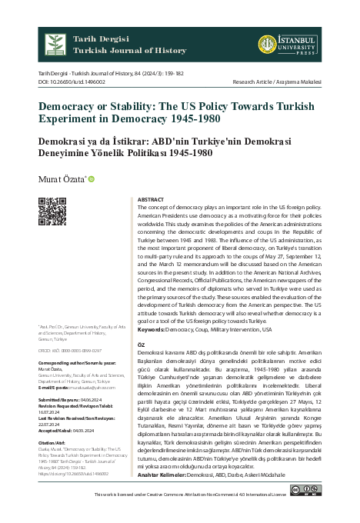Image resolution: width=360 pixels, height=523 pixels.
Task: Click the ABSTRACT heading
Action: (149, 199)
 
